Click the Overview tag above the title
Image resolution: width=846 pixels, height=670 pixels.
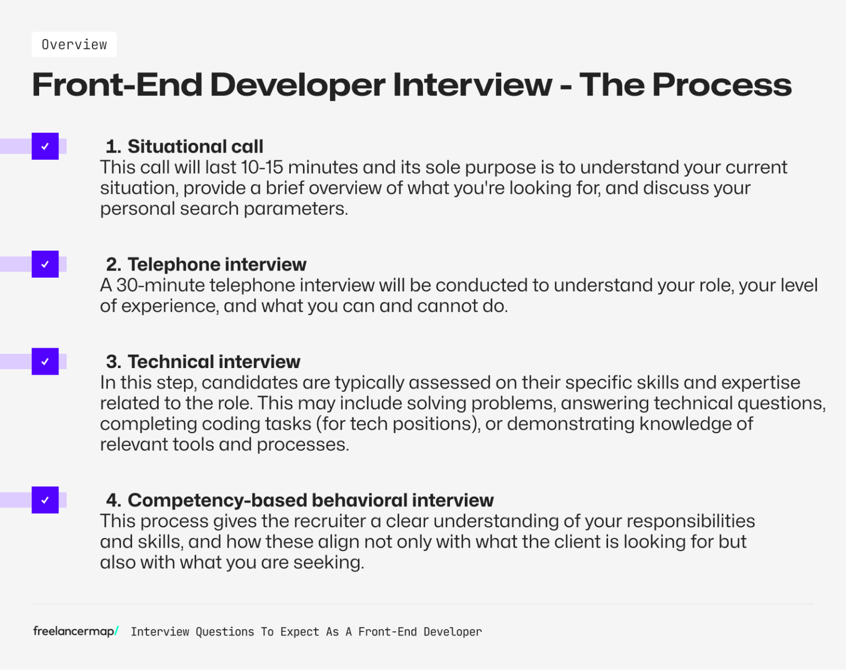click(x=74, y=45)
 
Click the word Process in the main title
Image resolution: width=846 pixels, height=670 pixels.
click(x=722, y=85)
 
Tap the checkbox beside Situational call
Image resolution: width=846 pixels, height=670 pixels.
click(x=45, y=147)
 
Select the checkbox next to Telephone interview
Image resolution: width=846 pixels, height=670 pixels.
click(x=45, y=264)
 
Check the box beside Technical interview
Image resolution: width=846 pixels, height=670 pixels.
click(x=45, y=362)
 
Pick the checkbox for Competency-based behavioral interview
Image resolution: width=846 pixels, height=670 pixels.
click(x=45, y=500)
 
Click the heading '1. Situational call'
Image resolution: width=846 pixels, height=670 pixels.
click(x=185, y=147)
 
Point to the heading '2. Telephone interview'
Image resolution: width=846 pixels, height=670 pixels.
click(x=206, y=264)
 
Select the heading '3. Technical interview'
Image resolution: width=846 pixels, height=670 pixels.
click(x=203, y=362)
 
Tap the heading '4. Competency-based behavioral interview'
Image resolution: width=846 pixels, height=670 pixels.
click(x=300, y=500)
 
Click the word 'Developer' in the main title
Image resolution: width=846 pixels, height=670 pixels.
click(x=297, y=85)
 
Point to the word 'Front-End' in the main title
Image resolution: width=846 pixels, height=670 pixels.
click(x=117, y=85)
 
